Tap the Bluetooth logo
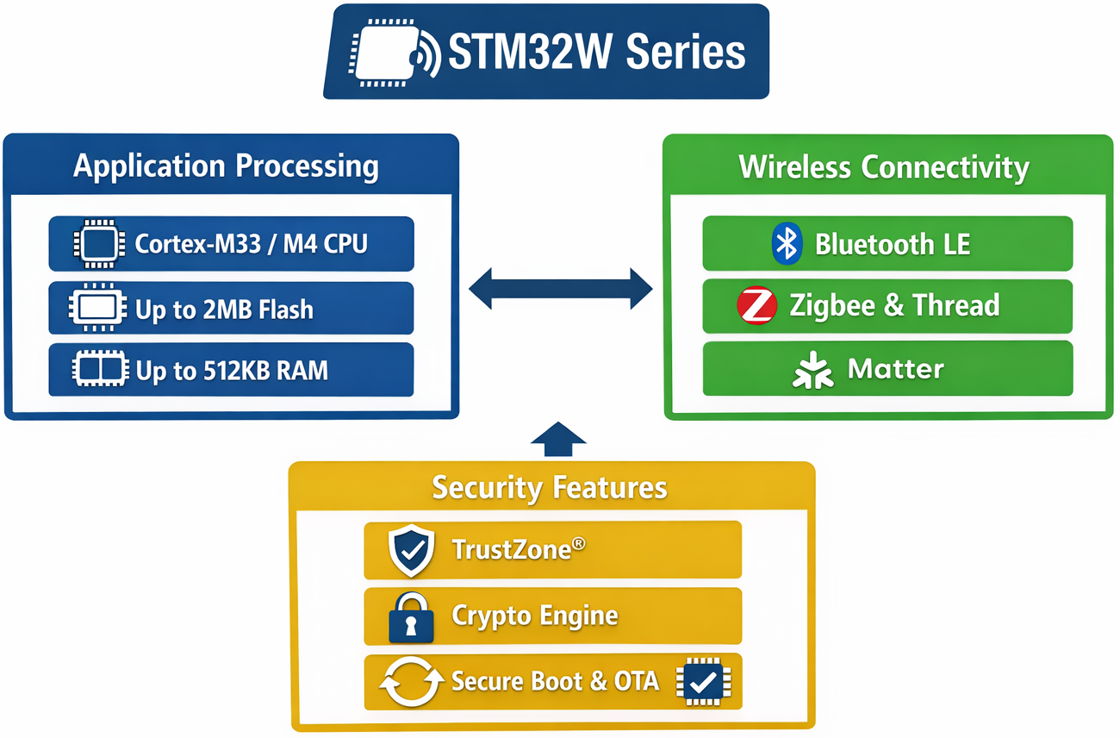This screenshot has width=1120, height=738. click(x=787, y=243)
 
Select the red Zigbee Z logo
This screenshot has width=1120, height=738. click(x=757, y=306)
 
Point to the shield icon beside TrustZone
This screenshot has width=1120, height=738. click(x=411, y=550)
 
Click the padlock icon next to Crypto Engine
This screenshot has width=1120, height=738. click(x=411, y=617)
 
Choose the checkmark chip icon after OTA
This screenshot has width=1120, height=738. click(x=704, y=682)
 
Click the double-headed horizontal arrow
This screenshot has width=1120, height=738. click(x=561, y=288)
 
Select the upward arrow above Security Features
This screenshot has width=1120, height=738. click(x=558, y=439)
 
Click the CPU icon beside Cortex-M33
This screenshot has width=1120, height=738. click(x=99, y=243)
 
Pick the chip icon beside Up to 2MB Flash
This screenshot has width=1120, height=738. click(x=99, y=308)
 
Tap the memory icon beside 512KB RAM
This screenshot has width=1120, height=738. click(x=99, y=370)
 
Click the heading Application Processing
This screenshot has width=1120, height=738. click(x=226, y=166)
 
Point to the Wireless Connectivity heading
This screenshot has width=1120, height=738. click(x=884, y=166)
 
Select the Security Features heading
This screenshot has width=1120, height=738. click(x=550, y=488)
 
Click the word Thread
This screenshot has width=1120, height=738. click(x=956, y=306)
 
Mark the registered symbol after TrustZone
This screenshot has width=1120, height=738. click(x=579, y=544)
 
